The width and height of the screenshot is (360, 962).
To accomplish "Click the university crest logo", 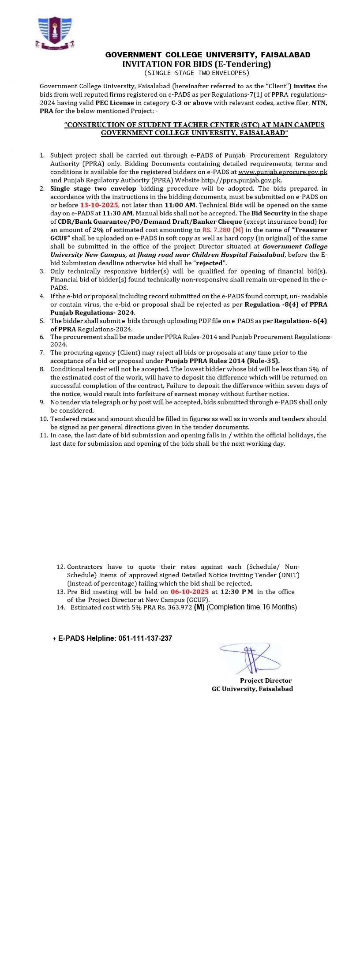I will point(55,32).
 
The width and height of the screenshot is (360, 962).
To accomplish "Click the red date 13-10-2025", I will point(99,205).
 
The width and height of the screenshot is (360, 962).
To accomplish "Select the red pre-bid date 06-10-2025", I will point(190,592).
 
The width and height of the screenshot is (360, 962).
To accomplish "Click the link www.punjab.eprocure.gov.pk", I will point(283,172).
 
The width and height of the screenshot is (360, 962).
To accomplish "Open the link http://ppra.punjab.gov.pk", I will point(241,180).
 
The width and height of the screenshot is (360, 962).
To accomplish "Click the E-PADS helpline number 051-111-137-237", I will point(145,638).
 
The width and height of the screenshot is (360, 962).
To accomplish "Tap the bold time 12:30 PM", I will point(237,592).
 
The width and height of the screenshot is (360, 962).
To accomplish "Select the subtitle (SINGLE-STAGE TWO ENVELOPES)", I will point(197,73).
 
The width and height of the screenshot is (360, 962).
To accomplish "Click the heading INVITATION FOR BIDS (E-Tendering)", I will point(197,64).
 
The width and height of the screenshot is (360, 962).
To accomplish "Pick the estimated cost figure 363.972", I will point(180,608).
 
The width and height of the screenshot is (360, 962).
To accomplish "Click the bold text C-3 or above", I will point(191,103).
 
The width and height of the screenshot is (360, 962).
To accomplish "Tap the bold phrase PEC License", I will point(115,103).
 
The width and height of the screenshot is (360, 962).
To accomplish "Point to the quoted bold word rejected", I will point(209,263).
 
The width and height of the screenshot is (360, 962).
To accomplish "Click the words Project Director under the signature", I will point(266,680).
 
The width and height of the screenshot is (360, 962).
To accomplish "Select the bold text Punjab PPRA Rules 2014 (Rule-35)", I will point(222,361).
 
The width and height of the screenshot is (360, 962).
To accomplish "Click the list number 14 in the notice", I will point(60,608).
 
